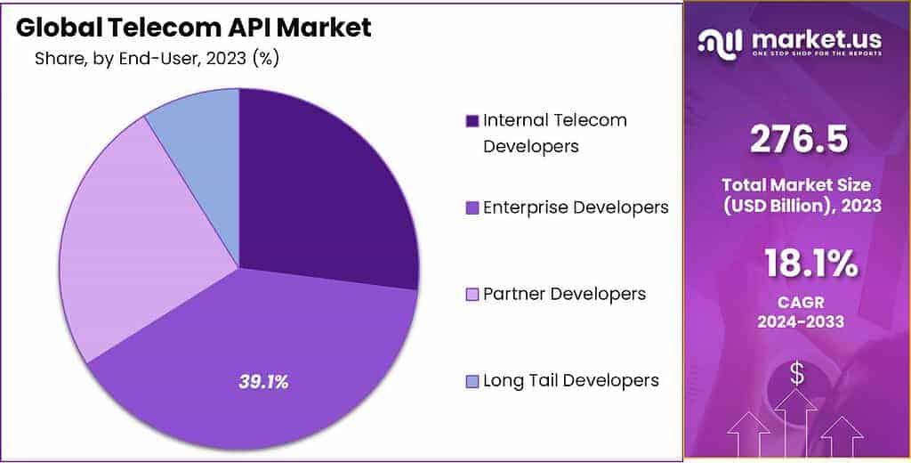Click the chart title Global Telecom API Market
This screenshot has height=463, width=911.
[194, 28]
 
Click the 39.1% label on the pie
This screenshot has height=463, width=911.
[263, 382]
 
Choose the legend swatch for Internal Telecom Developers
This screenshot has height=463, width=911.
[472, 120]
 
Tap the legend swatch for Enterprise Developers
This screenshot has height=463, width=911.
[472, 207]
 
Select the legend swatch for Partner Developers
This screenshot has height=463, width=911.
[472, 294]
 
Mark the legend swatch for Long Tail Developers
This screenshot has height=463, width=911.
[472, 381]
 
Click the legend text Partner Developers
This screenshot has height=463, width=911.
[564, 294]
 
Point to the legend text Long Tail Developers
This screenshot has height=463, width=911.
[570, 381]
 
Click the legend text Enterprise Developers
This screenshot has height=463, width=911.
[576, 207]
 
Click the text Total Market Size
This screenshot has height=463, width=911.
[797, 184]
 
